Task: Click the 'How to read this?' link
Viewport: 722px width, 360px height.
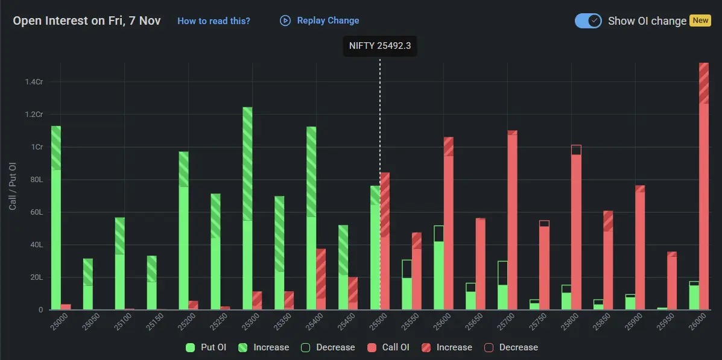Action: point(214,21)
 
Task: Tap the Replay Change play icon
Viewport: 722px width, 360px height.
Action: point(285,21)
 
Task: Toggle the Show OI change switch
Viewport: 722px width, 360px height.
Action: point(588,21)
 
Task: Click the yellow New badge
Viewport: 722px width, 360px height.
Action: point(700,21)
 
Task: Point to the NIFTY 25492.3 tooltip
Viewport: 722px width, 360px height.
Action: point(380,46)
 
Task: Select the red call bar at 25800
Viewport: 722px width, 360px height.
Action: point(576,229)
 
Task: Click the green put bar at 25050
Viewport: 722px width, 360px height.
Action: point(88,285)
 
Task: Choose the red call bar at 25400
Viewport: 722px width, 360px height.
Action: point(321,280)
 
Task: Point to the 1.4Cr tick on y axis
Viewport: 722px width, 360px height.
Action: point(34,82)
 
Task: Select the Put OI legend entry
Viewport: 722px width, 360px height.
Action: point(206,347)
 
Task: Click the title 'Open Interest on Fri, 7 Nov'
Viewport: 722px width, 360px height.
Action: point(87,21)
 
